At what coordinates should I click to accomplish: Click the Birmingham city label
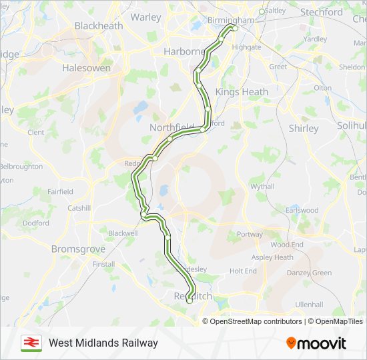(231, 20)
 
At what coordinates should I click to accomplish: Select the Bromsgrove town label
(78, 249)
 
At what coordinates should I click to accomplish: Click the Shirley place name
(304, 128)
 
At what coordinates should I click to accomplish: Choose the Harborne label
(184, 51)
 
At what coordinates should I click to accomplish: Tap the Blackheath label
(98, 25)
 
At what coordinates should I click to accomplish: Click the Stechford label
(322, 12)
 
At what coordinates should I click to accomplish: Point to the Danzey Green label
(309, 273)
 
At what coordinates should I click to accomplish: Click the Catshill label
(79, 208)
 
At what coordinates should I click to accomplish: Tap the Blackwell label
(123, 233)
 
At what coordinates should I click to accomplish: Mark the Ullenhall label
(309, 304)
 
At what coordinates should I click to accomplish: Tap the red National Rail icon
(30, 343)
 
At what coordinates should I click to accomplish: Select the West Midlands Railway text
(103, 343)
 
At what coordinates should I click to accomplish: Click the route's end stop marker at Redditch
(190, 301)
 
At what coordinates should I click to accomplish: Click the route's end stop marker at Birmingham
(234, 28)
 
